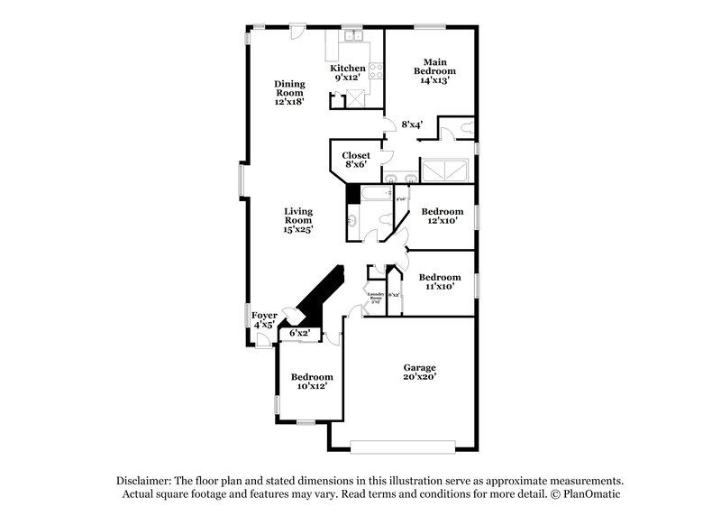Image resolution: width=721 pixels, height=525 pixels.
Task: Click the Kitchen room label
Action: pyautogui.click(x=347, y=69)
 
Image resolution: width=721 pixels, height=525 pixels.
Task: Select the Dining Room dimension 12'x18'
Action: pyautogui.click(x=289, y=102)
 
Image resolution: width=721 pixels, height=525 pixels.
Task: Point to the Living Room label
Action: pyautogui.click(x=298, y=216)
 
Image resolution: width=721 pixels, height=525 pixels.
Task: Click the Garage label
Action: pyautogui.click(x=419, y=367)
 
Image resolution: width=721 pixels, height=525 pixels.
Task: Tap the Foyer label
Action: pyautogui.click(x=264, y=315)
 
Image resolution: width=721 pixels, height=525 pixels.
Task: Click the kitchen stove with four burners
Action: pyautogui.click(x=375, y=69)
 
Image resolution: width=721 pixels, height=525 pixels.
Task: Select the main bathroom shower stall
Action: pyautogui.click(x=446, y=171)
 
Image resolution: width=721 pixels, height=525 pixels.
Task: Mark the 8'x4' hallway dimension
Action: pyautogui.click(x=412, y=124)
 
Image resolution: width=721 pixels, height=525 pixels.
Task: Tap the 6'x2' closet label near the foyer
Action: pyautogui.click(x=299, y=333)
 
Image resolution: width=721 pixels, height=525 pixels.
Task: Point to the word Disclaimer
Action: pyautogui.click(x=145, y=481)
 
